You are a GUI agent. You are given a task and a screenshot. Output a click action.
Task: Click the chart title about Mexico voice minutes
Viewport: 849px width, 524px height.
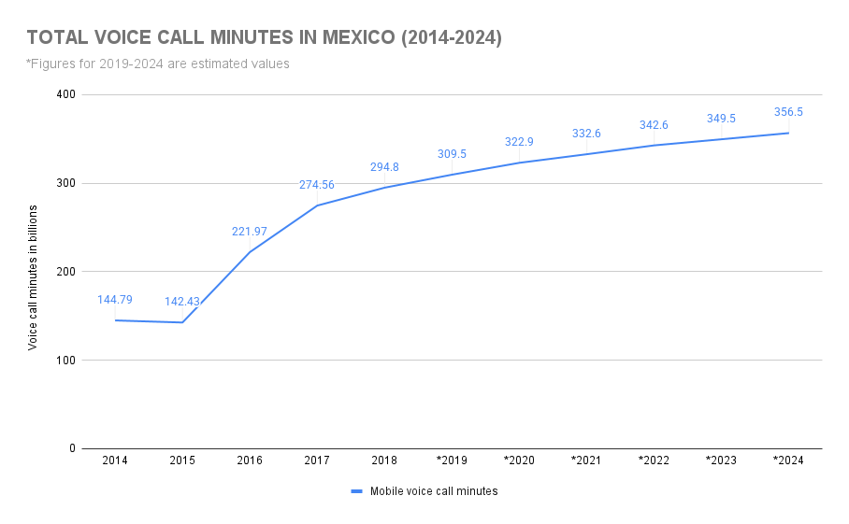(265, 38)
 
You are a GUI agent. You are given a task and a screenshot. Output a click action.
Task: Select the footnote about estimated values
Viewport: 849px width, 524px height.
(158, 64)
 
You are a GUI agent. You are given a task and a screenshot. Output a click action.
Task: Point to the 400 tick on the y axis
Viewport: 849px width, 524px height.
(65, 95)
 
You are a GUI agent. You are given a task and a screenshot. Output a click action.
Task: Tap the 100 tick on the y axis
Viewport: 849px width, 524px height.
(65, 361)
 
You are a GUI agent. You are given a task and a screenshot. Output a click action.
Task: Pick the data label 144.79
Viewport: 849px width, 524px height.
(115, 300)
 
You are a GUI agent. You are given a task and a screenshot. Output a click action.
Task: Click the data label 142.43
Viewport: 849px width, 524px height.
(182, 302)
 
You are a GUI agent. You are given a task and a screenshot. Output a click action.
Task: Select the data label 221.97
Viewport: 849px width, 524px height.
(250, 232)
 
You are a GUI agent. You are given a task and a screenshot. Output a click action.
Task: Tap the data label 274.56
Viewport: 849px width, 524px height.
(317, 185)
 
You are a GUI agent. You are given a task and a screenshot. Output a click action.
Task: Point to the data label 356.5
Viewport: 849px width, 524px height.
(788, 112)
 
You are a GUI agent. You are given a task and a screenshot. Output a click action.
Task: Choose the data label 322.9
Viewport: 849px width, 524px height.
(519, 142)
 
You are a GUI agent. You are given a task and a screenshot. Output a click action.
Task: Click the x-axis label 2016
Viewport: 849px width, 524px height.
(250, 461)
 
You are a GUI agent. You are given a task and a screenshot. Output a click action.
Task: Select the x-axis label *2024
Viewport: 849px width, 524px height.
(788, 461)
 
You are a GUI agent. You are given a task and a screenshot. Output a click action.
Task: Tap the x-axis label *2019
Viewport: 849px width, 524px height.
(452, 461)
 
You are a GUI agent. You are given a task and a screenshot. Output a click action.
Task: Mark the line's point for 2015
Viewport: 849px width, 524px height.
(182, 322)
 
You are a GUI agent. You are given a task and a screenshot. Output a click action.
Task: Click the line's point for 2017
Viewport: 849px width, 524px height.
(317, 205)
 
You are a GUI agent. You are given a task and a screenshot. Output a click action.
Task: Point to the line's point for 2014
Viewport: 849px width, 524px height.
(115, 320)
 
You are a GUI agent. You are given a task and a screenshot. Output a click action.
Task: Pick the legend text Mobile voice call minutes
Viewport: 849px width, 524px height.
(434, 491)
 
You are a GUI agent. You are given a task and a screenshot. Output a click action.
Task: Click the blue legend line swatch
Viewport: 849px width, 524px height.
(356, 491)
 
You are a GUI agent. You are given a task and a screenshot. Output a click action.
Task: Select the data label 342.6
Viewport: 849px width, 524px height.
(654, 125)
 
